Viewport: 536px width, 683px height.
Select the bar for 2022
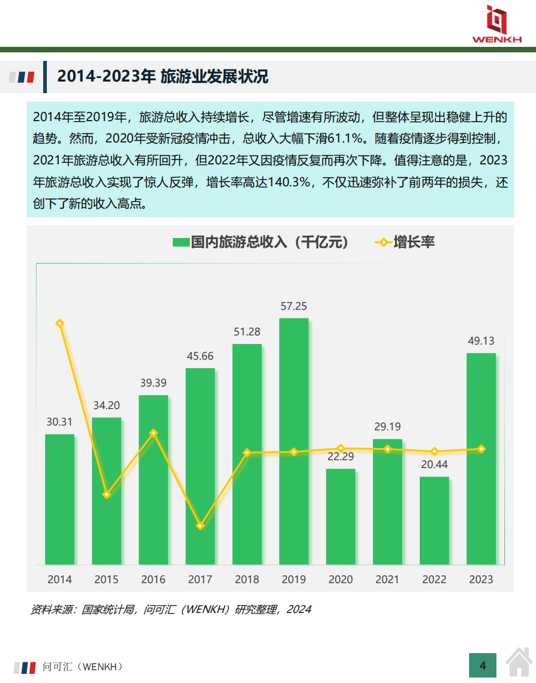pos(434,520)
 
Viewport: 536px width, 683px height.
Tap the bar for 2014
pos(60,499)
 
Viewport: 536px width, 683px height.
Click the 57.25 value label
pos(294,306)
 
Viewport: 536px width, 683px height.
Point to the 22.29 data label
pos(341,457)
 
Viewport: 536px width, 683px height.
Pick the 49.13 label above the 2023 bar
pos(481,341)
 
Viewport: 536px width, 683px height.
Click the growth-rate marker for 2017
pos(200,525)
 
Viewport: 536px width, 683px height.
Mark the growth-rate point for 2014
pos(60,323)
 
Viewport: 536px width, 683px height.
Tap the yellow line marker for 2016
pos(153,433)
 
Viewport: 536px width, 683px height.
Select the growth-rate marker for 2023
pos(481,449)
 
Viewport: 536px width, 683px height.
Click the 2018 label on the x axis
pos(247,580)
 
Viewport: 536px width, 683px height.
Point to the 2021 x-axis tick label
pos(388,580)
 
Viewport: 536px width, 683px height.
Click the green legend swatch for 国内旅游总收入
pos(181,242)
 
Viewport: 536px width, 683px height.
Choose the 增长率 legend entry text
pos(414,242)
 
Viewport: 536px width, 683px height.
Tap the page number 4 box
pos(483,665)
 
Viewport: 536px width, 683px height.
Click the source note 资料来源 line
pos(171,609)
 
